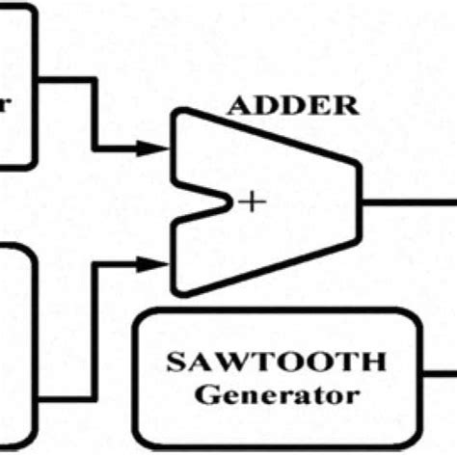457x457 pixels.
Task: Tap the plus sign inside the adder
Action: coord(253,202)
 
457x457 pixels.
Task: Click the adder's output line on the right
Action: coord(405,202)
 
